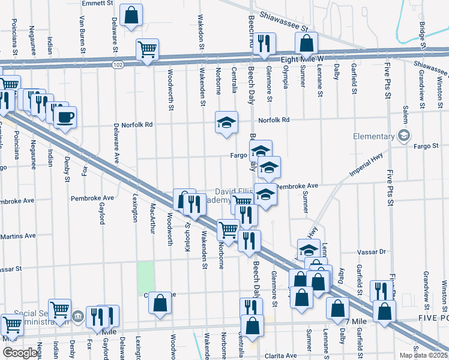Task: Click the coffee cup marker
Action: [65, 116]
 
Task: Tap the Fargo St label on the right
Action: [426, 145]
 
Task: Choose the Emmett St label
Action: [98, 3]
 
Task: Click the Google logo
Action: [20, 352]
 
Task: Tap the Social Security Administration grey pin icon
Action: [77, 316]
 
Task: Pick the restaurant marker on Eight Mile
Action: [264, 43]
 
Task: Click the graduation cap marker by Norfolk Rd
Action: [226, 122]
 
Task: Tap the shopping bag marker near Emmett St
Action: [131, 14]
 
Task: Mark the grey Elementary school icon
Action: [405, 136]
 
